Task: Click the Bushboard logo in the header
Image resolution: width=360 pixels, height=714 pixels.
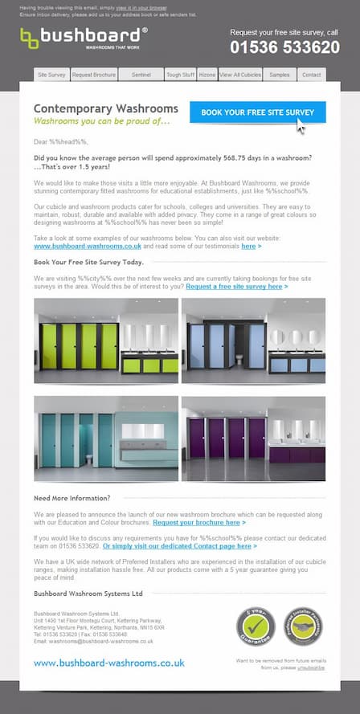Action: pyautogui.click(x=84, y=38)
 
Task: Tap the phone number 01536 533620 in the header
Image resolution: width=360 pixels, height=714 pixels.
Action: pyautogui.click(x=284, y=47)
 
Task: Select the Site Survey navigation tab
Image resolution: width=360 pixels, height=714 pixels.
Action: pyautogui.click(x=51, y=75)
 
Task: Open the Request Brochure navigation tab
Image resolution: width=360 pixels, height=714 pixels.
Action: pyautogui.click(x=93, y=75)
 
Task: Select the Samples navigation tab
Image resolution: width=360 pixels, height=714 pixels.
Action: pyautogui.click(x=279, y=75)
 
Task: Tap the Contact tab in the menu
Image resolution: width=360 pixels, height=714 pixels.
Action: pyautogui.click(x=311, y=75)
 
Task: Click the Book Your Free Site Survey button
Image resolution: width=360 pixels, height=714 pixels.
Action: pyautogui.click(x=257, y=112)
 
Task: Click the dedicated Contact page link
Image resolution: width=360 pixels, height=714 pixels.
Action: pyautogui.click(x=180, y=545)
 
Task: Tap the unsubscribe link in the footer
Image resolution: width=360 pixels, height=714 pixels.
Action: pyautogui.click(x=311, y=667)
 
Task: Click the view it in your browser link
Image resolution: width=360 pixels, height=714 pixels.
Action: pyautogui.click(x=134, y=6)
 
